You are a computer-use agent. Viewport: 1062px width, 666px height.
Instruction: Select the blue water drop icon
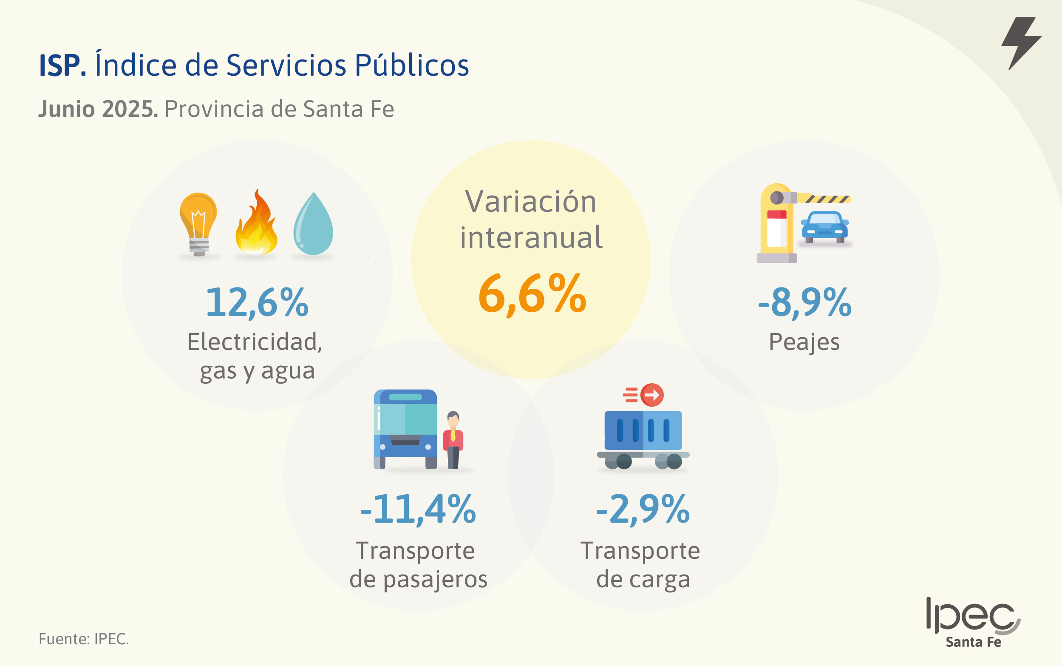pyautogui.click(x=313, y=225)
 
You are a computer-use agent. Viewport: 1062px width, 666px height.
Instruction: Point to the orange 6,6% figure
pyautogui.click(x=532, y=294)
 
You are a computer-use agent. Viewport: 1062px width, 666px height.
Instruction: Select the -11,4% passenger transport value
pyautogui.click(x=418, y=509)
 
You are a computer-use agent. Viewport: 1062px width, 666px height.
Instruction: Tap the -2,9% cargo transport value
pyautogui.click(x=643, y=509)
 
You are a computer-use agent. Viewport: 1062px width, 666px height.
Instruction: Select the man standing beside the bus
pyautogui.click(x=453, y=440)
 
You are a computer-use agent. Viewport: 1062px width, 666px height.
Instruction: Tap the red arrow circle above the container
pyautogui.click(x=652, y=395)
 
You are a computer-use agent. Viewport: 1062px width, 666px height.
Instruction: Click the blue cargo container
pyautogui.click(x=643, y=431)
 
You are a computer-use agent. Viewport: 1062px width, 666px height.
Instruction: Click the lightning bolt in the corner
pyautogui.click(x=1021, y=42)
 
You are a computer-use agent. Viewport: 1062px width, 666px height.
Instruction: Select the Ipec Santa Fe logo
pyautogui.click(x=973, y=622)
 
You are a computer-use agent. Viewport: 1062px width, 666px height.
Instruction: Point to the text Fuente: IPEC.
pyautogui.click(x=84, y=639)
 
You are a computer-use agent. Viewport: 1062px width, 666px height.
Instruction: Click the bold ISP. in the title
pyautogui.click(x=62, y=65)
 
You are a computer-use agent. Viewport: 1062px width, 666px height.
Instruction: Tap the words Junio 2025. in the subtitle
pyautogui.click(x=98, y=109)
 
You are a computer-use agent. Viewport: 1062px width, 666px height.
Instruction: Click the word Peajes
pyautogui.click(x=804, y=342)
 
